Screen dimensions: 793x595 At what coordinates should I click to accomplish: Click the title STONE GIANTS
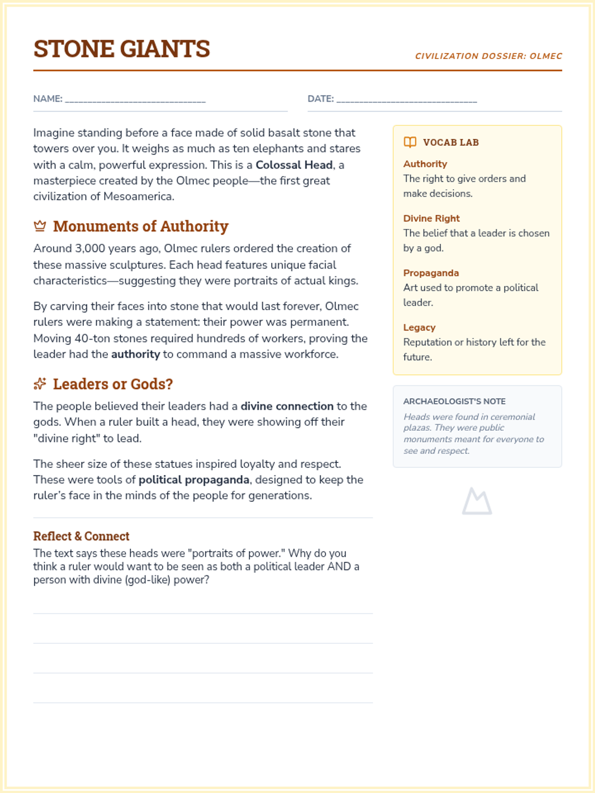(x=121, y=49)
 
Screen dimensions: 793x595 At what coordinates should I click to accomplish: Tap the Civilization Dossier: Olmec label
(x=488, y=56)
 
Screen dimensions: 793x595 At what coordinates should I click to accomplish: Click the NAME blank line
(x=135, y=100)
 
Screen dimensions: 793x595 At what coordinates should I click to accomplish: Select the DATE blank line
(x=407, y=100)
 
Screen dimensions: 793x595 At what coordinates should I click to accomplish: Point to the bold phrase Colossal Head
(x=294, y=165)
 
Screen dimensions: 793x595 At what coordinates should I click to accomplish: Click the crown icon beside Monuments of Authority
(x=40, y=227)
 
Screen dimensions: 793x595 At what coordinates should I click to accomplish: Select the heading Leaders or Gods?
(x=113, y=384)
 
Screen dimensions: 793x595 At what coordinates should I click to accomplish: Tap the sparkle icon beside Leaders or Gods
(x=40, y=384)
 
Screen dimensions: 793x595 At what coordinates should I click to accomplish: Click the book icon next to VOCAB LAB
(x=410, y=142)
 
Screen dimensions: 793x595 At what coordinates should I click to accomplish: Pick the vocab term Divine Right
(x=431, y=219)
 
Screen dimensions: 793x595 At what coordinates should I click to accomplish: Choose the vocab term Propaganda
(x=431, y=273)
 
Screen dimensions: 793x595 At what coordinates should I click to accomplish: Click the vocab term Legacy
(x=419, y=328)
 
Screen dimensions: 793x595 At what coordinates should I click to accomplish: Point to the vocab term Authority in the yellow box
(x=425, y=164)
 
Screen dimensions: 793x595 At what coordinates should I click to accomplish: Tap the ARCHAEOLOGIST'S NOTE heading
(x=454, y=401)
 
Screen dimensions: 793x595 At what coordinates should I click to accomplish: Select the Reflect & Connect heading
(x=81, y=536)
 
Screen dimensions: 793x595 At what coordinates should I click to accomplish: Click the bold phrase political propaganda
(x=194, y=480)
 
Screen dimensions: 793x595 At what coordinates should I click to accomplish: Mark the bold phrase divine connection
(x=287, y=406)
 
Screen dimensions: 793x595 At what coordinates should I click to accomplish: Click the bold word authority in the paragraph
(x=135, y=354)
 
